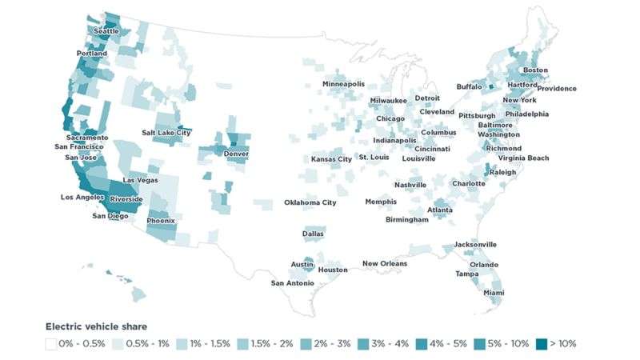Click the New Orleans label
pos(384,264)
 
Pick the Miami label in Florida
pos(494,294)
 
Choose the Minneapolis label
pos(343,84)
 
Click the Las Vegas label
pos(140,181)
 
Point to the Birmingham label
pos(412,219)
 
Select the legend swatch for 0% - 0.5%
pos(50,343)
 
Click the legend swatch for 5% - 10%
pos(477,343)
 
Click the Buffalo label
pos(470,86)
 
